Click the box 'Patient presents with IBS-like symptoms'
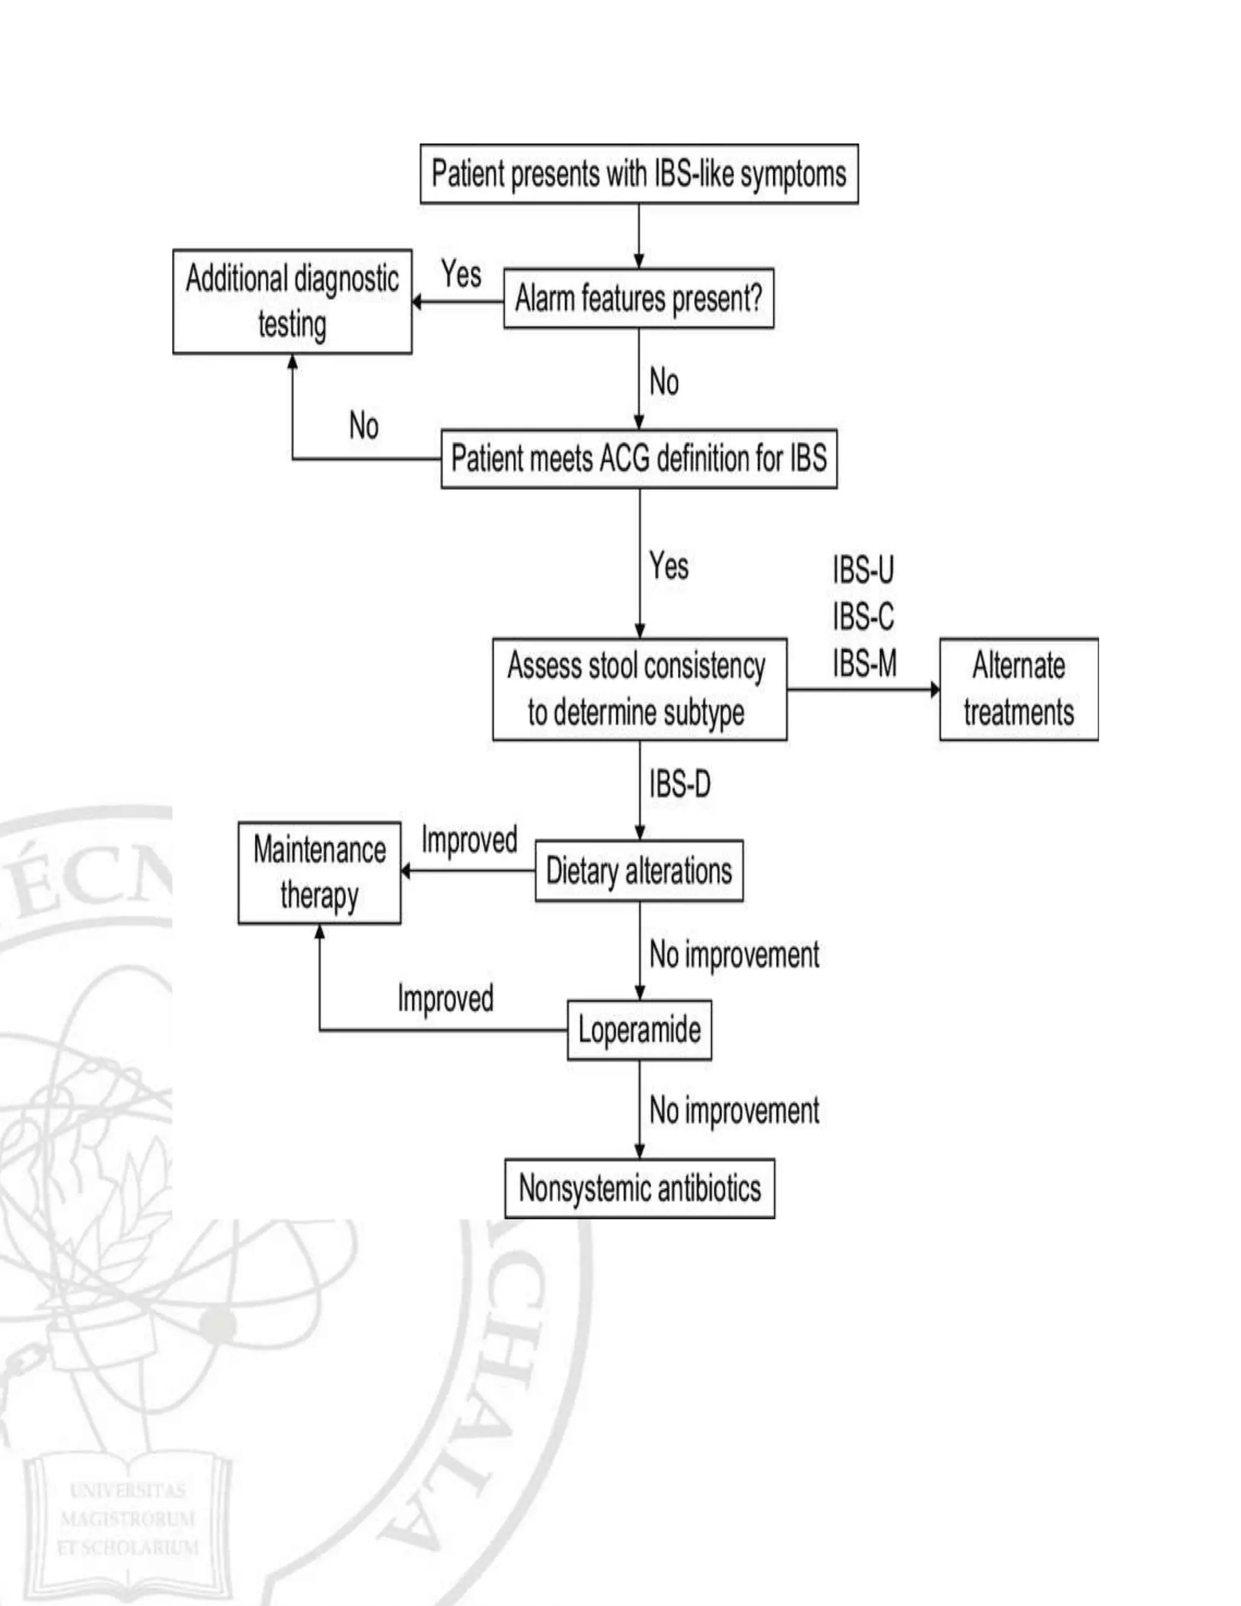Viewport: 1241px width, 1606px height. point(639,175)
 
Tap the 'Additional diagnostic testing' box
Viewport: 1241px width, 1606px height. point(292,301)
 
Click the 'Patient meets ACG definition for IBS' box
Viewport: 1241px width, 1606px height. point(639,459)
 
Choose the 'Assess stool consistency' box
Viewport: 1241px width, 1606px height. point(639,689)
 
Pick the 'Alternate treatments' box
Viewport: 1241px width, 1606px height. point(1018,689)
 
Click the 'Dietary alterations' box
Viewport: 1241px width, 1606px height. point(639,871)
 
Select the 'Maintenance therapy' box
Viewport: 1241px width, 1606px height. point(319,873)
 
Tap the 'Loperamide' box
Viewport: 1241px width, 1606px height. point(639,1030)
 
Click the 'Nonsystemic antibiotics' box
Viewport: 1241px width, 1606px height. point(639,1188)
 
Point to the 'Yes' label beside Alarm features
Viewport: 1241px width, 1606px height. point(461,275)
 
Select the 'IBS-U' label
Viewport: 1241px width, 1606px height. point(863,570)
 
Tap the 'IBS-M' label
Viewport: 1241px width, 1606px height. point(865,663)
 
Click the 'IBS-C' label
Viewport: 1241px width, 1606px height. point(863,616)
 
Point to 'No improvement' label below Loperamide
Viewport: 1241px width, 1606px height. point(734,1110)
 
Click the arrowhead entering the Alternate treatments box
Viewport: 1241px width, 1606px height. point(934,690)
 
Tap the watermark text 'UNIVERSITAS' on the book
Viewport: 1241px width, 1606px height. point(128,1491)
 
